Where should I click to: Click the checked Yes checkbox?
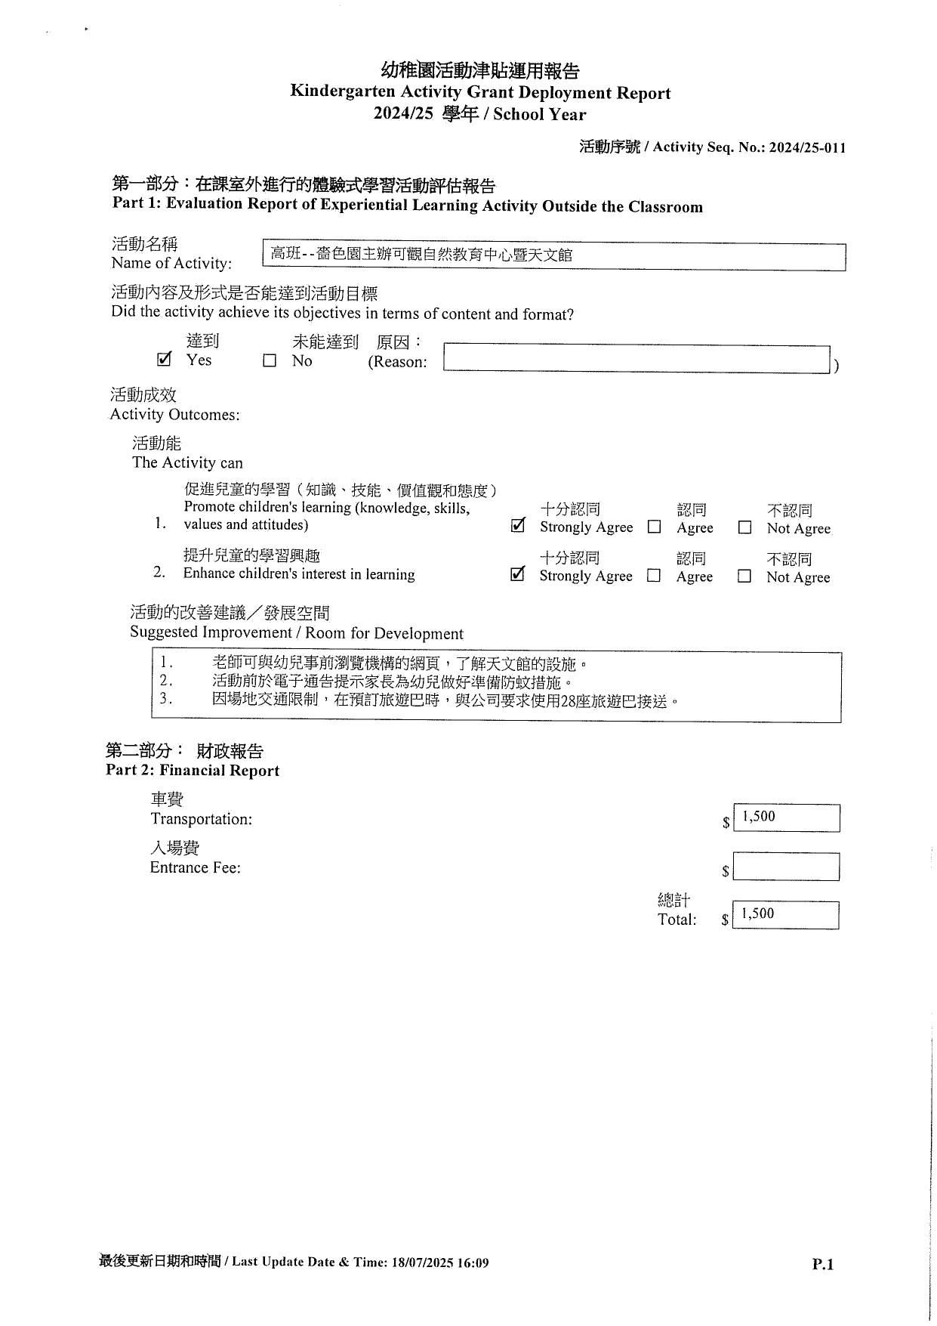tap(164, 360)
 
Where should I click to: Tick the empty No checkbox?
tap(270, 361)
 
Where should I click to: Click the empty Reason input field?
tap(636, 359)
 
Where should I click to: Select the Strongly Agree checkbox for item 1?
tap(518, 526)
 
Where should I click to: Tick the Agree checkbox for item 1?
tap(655, 527)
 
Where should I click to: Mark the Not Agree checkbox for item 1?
tap(744, 528)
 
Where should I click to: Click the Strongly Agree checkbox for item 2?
tap(517, 574)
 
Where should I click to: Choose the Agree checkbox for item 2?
tap(654, 576)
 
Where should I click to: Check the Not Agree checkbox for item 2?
tap(744, 576)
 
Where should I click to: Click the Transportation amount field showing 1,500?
tap(786, 818)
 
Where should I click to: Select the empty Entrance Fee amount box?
tap(786, 867)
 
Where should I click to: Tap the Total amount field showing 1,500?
tap(785, 915)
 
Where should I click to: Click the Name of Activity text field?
tap(554, 256)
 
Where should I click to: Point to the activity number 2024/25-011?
tap(807, 147)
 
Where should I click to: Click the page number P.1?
tap(823, 1264)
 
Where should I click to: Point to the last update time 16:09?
tap(473, 1263)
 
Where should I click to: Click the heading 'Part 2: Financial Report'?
tap(193, 771)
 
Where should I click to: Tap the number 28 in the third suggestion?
tap(559, 701)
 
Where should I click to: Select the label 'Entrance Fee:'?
tap(195, 867)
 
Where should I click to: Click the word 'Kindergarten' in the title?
tap(344, 92)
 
